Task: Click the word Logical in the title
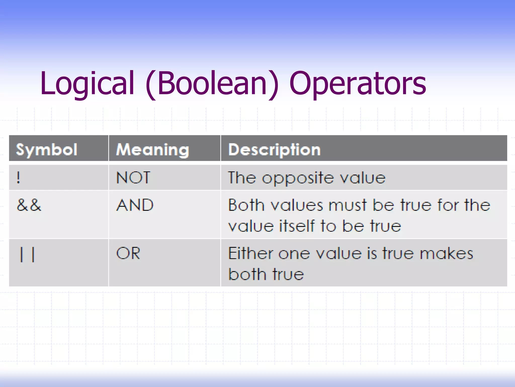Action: coord(87,84)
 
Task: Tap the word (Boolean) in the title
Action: coord(212,84)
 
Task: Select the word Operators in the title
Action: coord(358,84)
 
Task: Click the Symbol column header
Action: coord(47,150)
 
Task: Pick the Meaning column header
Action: coord(152,150)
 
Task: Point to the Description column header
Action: coord(274,150)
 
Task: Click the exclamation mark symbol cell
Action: coord(18,177)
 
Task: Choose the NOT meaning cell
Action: coord(133,177)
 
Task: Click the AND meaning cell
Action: coord(135,205)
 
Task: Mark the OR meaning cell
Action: coord(128,253)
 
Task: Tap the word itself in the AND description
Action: coord(297,226)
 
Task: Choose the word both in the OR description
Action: coord(247,274)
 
